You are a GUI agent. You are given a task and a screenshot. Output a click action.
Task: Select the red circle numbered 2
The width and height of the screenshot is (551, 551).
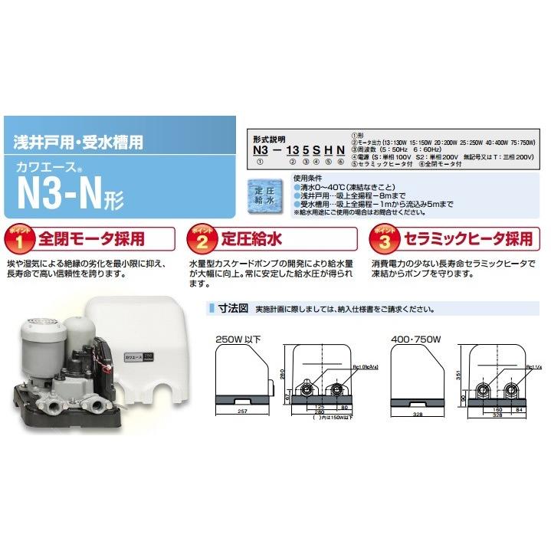[x=201, y=240]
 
